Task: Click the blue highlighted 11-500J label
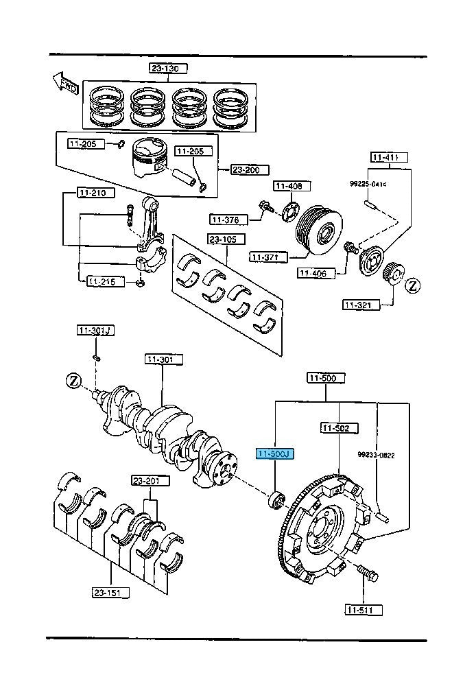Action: point(274,453)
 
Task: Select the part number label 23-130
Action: point(169,68)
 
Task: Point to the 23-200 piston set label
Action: point(244,169)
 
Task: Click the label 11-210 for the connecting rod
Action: point(92,193)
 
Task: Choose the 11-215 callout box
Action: point(102,281)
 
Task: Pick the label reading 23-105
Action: point(222,239)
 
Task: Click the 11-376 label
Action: point(226,220)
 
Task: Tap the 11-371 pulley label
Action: point(265,257)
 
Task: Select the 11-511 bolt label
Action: point(364,609)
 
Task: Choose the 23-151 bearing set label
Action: point(110,591)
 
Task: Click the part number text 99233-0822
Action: point(376,454)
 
